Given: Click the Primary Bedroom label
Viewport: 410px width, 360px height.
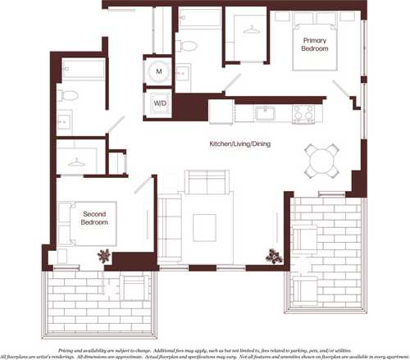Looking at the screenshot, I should click(315, 45).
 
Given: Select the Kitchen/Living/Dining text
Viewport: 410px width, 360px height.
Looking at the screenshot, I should click(240, 144).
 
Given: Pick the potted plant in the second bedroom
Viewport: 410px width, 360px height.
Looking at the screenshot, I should click(102, 256).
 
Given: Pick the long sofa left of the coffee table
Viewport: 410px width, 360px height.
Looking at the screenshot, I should click(169, 222).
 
